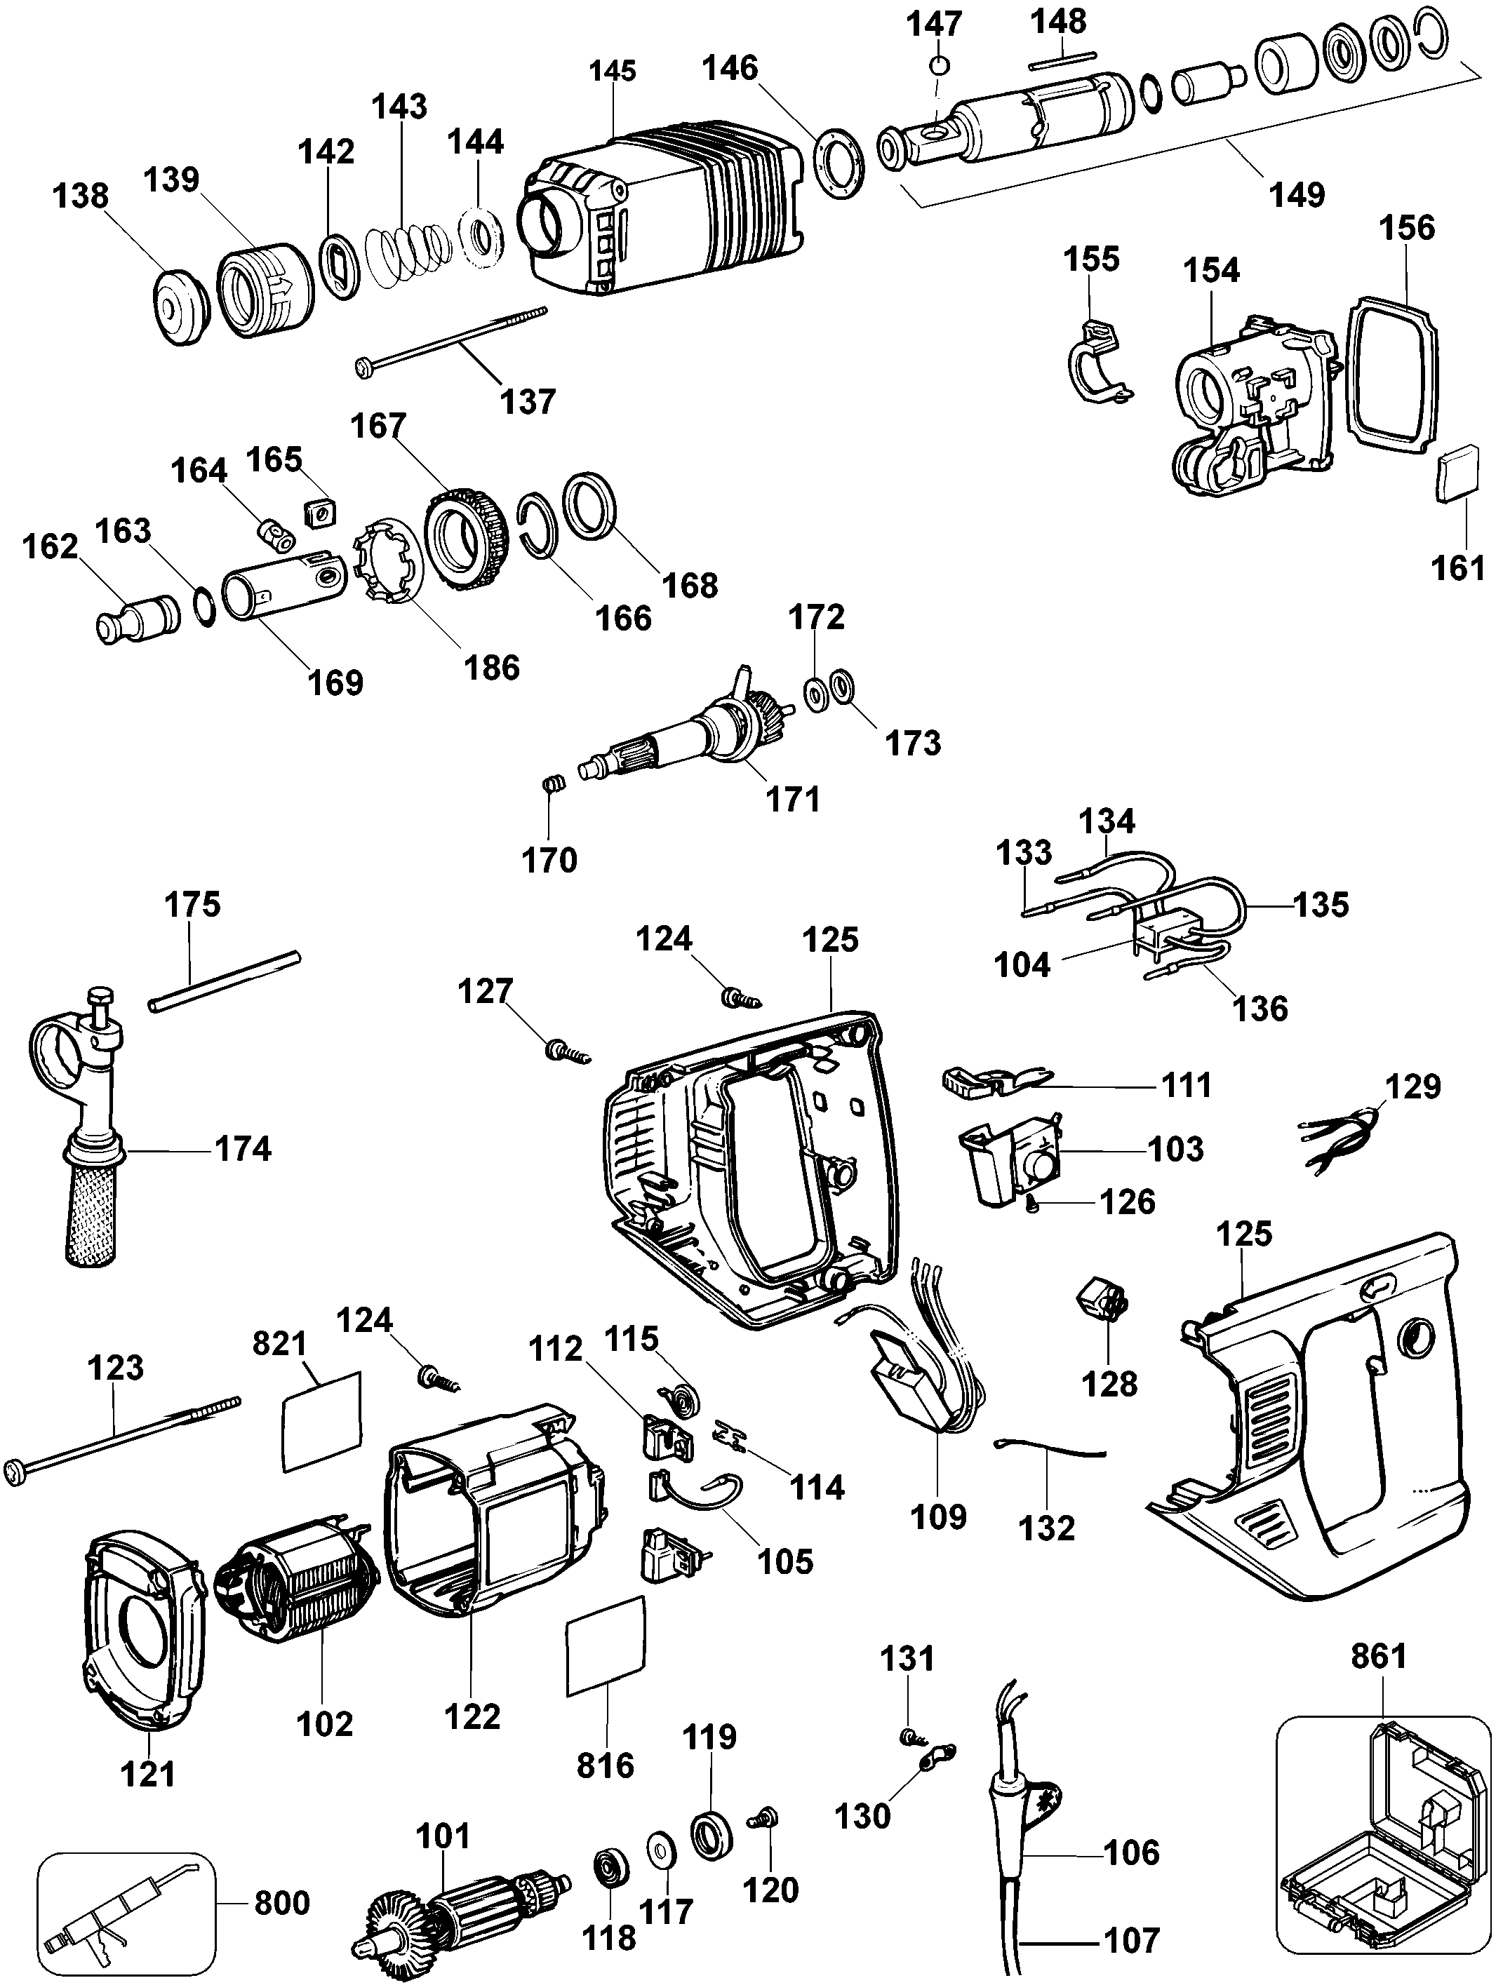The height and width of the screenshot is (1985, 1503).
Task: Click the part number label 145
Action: click(x=613, y=70)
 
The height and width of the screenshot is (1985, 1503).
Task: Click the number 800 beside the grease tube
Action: click(x=282, y=1902)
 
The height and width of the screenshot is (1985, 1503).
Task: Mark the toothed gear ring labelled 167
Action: click(x=463, y=537)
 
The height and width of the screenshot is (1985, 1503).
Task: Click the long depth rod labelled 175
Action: click(x=225, y=982)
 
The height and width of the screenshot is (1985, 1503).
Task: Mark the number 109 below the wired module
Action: click(x=938, y=1516)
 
